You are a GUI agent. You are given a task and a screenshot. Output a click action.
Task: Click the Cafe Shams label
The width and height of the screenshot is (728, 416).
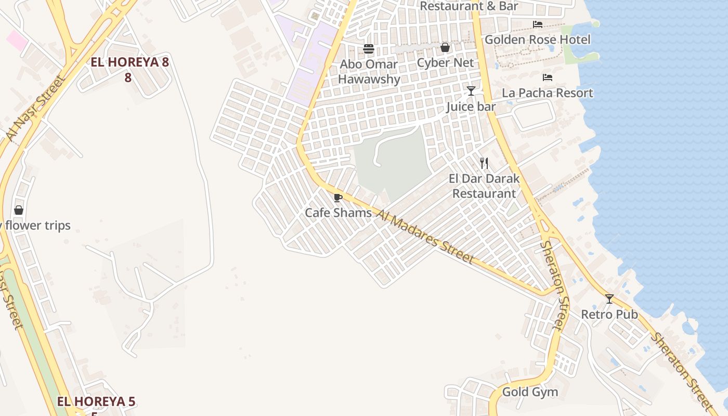pyautogui.click(x=338, y=213)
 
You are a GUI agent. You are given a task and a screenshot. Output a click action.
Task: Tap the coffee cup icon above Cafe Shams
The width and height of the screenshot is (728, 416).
pyautogui.click(x=338, y=198)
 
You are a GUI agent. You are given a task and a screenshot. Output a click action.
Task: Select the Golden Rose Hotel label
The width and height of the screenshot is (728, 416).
pyautogui.click(x=537, y=40)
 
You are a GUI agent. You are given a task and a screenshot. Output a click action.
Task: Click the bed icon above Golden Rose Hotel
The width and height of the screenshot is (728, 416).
pyautogui.click(x=538, y=24)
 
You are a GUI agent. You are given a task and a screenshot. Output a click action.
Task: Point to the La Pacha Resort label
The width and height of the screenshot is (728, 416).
pyautogui.click(x=547, y=93)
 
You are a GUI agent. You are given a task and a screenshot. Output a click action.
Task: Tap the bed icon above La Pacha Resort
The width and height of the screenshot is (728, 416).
pyautogui.click(x=547, y=77)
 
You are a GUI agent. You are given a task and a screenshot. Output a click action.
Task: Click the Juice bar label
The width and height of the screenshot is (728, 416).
pyautogui.click(x=471, y=107)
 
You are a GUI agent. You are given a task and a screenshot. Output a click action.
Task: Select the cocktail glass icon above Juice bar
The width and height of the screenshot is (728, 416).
pyautogui.click(x=471, y=91)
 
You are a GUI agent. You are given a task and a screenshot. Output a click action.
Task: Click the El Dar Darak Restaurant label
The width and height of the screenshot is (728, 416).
pyautogui.click(x=484, y=186)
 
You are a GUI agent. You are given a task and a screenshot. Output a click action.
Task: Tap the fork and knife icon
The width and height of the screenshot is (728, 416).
pyautogui.click(x=484, y=163)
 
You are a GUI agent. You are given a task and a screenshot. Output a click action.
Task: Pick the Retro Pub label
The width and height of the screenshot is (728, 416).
pyautogui.click(x=609, y=314)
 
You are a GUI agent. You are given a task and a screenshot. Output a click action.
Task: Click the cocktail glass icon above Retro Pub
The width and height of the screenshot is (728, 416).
pyautogui.click(x=609, y=299)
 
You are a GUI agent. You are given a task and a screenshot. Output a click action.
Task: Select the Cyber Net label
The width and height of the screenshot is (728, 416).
pyautogui.click(x=445, y=63)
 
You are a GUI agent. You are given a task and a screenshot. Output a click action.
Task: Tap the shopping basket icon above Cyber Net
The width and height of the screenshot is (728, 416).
pyautogui.click(x=445, y=48)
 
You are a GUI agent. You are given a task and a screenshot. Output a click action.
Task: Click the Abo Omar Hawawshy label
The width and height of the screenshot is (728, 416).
pyautogui.click(x=369, y=72)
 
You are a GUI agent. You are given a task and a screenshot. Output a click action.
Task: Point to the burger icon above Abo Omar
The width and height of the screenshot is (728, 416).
pyautogui.click(x=369, y=49)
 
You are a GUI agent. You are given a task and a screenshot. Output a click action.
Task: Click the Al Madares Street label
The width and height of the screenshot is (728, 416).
pyautogui.click(x=424, y=237)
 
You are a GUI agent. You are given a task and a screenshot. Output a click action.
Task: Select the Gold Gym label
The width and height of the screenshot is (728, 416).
pyautogui.click(x=530, y=392)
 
